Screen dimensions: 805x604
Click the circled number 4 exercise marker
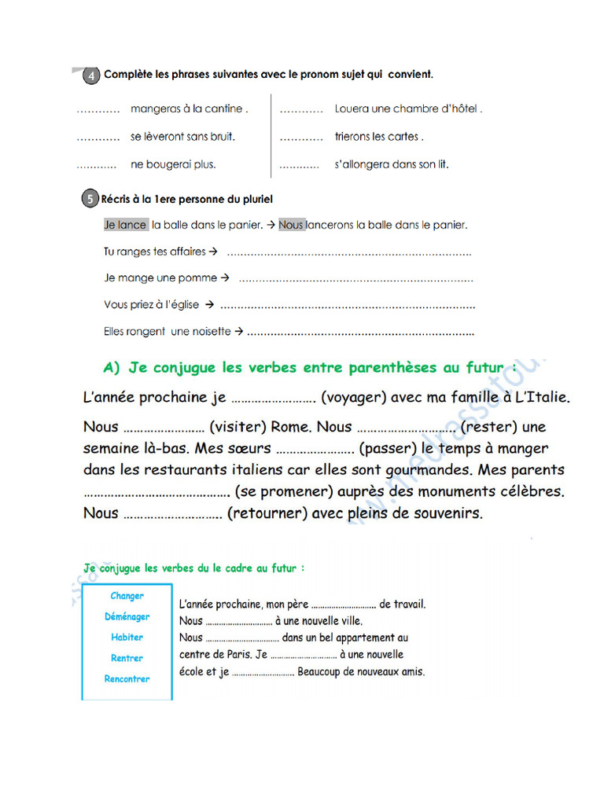point(90,75)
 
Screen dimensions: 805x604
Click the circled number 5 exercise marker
point(90,200)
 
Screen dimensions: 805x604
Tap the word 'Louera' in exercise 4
point(352,109)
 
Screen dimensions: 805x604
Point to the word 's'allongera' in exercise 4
point(361,165)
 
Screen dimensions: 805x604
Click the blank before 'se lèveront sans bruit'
point(98,138)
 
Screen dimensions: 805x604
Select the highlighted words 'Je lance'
point(125,225)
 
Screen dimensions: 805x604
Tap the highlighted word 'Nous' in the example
point(291,225)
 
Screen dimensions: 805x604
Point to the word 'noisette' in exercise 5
point(212,332)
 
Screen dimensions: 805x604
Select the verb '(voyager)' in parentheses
point(353,398)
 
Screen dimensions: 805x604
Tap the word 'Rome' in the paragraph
point(290,427)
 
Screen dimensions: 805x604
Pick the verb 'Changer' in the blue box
point(127,596)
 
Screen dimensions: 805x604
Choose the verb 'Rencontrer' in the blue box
point(127,678)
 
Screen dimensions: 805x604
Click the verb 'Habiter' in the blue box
point(127,638)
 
